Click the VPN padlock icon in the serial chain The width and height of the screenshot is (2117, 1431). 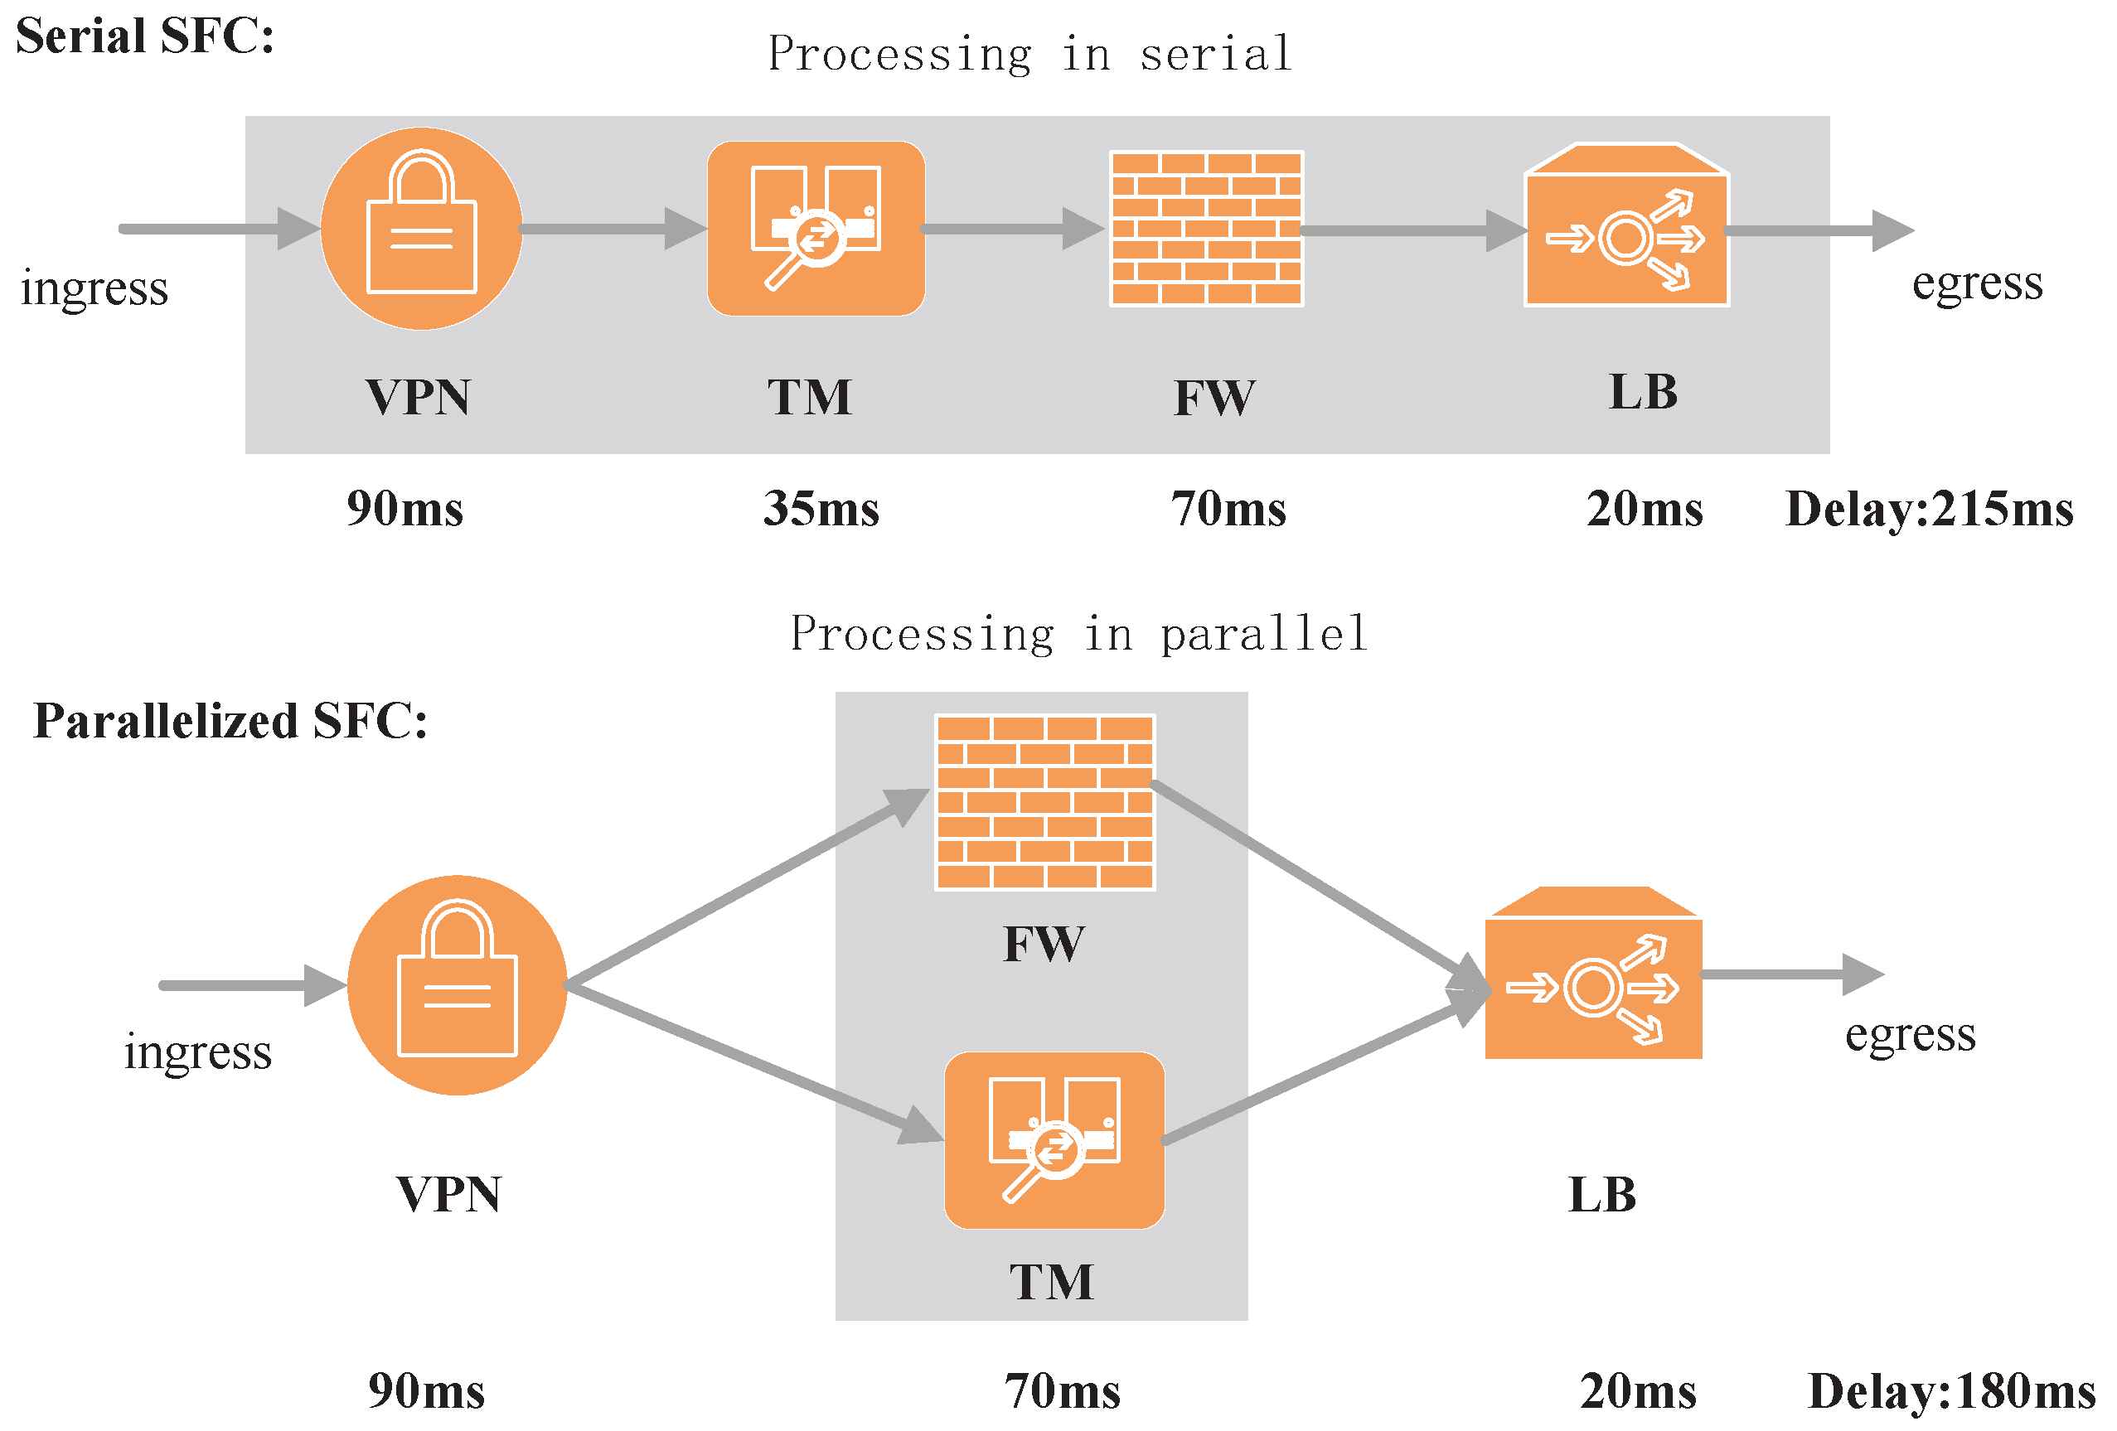421,229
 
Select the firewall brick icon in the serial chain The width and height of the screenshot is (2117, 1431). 1206,229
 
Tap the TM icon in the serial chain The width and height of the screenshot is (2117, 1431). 816,229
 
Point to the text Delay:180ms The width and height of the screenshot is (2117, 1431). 1951,1391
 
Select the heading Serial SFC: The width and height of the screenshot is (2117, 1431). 145,37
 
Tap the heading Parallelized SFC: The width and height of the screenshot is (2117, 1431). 230,722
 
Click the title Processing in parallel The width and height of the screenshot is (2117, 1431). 1078,634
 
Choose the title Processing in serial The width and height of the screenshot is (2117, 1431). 1029,54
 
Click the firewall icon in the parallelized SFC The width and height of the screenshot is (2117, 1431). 1045,802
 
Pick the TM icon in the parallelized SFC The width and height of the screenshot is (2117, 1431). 1054,1140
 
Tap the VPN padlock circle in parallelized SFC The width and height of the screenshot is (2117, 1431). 458,984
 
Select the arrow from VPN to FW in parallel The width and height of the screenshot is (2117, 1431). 738,892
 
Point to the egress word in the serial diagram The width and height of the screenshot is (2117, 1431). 1977,283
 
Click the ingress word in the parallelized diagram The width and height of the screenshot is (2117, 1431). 197,1052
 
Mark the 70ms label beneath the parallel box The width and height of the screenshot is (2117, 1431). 1062,1391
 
